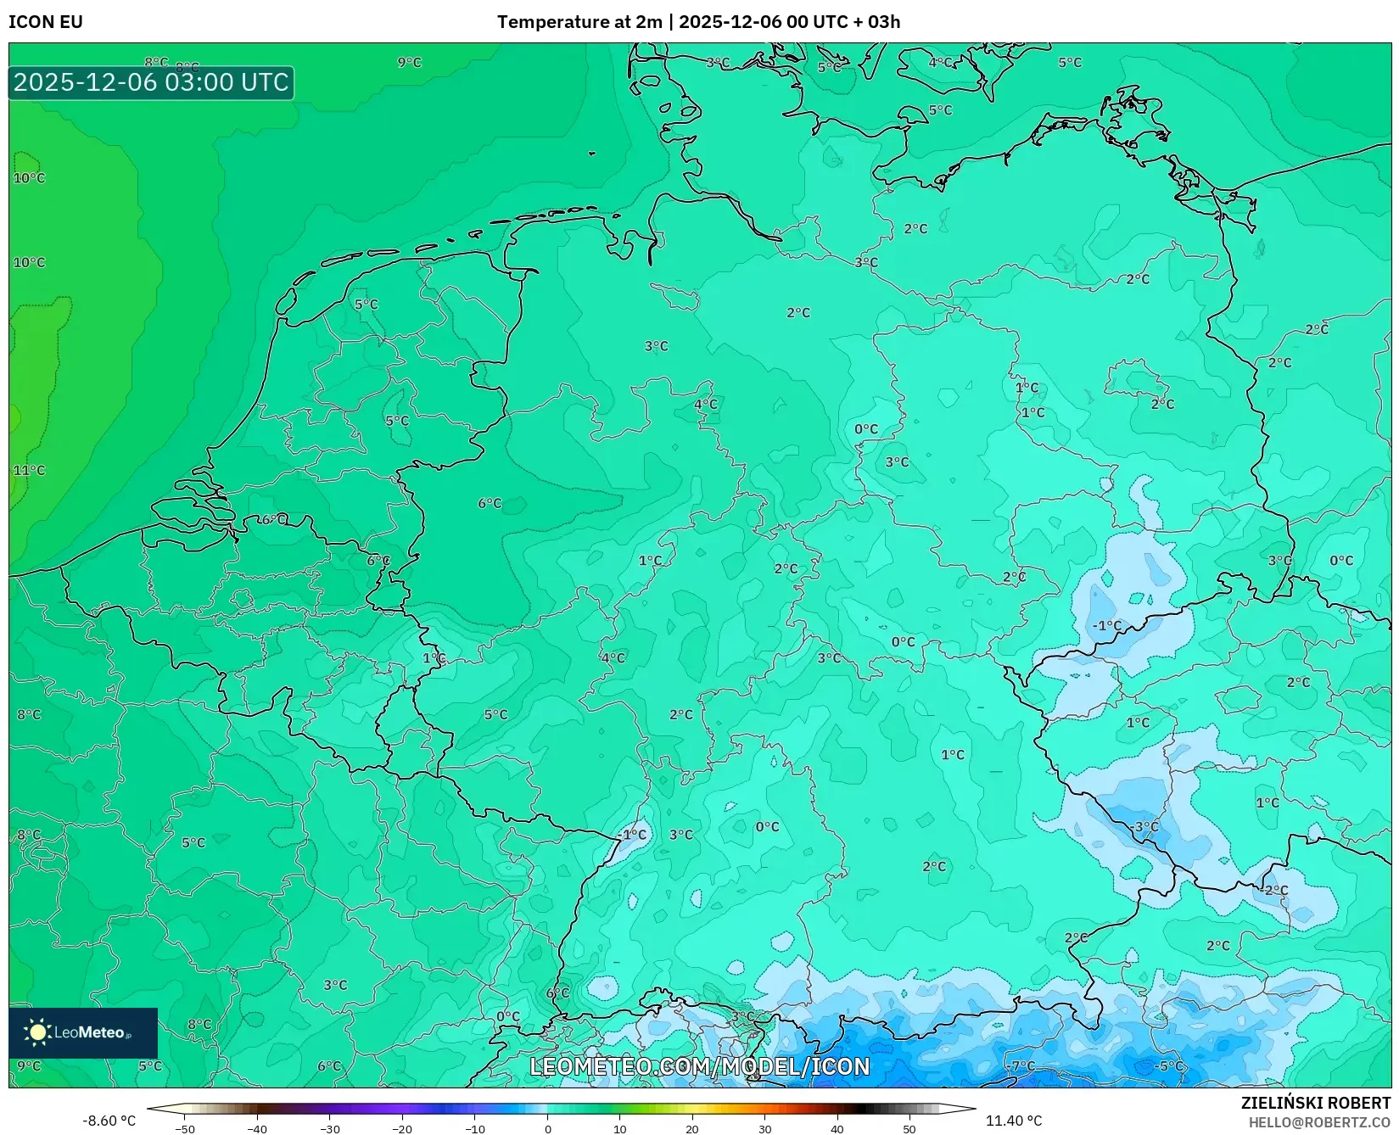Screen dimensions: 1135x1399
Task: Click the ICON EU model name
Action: (46, 22)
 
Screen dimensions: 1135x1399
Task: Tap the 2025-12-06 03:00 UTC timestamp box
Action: (151, 83)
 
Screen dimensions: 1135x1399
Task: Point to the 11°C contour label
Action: (29, 471)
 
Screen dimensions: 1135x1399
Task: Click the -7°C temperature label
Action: (1022, 1066)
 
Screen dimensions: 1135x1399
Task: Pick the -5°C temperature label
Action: (1170, 1066)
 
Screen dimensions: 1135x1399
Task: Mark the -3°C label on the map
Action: (1145, 827)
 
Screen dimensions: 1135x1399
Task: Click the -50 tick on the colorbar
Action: (185, 1129)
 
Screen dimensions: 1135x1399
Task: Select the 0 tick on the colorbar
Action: (547, 1129)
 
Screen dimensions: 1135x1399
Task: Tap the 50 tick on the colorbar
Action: (909, 1129)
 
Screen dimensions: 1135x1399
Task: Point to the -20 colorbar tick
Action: (402, 1129)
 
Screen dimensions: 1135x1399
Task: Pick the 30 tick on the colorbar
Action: (764, 1129)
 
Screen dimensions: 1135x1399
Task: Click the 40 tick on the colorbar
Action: (837, 1129)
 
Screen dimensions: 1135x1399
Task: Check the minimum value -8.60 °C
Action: (109, 1121)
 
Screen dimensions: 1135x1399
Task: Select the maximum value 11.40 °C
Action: (1014, 1121)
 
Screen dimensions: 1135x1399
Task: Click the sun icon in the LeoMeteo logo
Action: (37, 1032)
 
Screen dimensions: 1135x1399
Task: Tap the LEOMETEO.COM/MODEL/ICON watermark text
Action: (700, 1067)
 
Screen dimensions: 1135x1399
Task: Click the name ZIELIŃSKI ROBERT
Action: (1316, 1104)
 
